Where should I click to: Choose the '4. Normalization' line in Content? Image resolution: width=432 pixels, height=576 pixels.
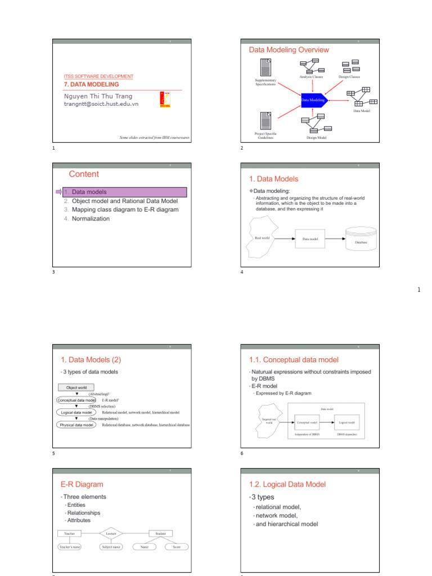pyautogui.click(x=91, y=219)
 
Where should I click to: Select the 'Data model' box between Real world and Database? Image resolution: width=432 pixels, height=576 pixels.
pyautogui.click(x=310, y=238)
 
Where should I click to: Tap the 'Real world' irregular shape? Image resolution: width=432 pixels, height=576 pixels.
pyautogui.click(x=263, y=238)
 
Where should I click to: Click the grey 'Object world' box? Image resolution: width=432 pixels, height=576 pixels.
pyautogui.click(x=76, y=388)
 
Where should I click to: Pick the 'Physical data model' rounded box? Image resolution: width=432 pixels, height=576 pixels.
pyautogui.click(x=76, y=425)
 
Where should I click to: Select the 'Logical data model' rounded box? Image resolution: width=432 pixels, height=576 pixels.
pyautogui.click(x=76, y=412)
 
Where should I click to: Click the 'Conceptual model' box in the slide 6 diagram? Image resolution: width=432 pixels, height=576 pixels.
pyautogui.click(x=307, y=421)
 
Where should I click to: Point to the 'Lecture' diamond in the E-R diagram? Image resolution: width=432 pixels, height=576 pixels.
pyautogui.click(x=110, y=533)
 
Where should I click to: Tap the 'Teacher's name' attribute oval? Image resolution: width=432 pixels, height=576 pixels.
pyautogui.click(x=70, y=547)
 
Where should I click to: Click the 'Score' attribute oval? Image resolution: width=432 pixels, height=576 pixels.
pyautogui.click(x=177, y=547)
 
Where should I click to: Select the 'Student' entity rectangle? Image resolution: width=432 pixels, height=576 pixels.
pyautogui.click(x=160, y=533)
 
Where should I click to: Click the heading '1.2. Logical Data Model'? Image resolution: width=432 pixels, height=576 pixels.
pyautogui.click(x=287, y=484)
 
